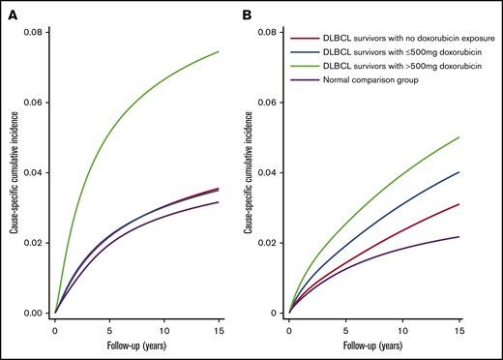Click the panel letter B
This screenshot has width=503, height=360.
(x=266, y=15)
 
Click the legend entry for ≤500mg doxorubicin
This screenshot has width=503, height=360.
(x=392, y=51)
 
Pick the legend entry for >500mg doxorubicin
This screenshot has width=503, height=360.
(x=392, y=65)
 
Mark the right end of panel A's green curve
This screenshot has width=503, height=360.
(x=219, y=51)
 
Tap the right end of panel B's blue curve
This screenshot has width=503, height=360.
(x=459, y=172)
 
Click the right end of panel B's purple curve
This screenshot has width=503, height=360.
(x=459, y=237)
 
